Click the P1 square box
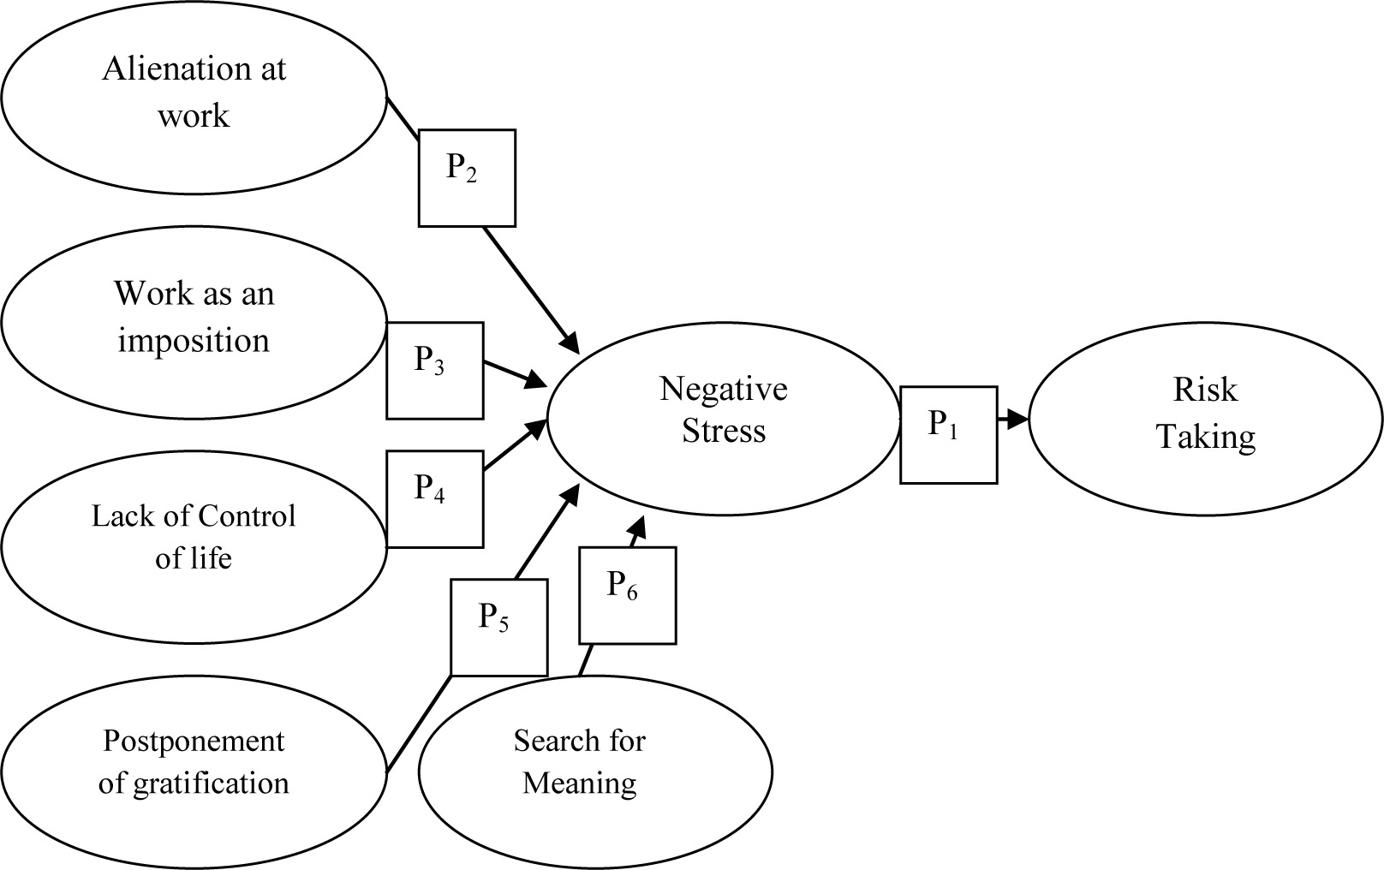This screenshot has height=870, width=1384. [x=948, y=435]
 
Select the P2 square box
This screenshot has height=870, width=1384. [x=467, y=178]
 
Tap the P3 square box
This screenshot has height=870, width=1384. [x=434, y=371]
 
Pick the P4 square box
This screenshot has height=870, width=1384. [x=434, y=499]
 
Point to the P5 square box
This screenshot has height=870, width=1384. [x=498, y=628]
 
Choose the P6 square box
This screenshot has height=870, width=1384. [x=627, y=595]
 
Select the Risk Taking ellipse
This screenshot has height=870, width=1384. [x=1205, y=420]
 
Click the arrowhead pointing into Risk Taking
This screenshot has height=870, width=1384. [x=1017, y=420]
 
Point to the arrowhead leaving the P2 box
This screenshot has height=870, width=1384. [x=570, y=343]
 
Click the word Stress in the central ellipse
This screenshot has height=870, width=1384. [x=724, y=431]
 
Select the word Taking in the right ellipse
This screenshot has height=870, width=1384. [x=1206, y=437]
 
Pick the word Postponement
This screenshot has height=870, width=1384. [x=194, y=741]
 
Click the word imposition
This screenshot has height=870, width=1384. [x=194, y=341]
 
